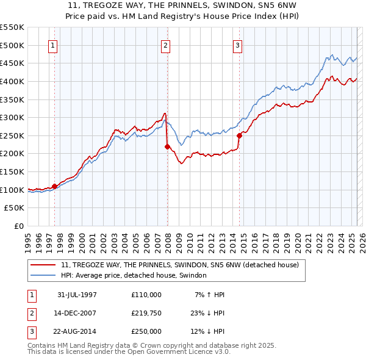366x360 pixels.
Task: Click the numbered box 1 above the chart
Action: pyautogui.click(x=52, y=45)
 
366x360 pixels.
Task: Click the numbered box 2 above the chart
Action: pyautogui.click(x=166, y=45)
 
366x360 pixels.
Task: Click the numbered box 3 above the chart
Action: pyautogui.click(x=237, y=45)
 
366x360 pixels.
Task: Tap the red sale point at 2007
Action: pyautogui.click(x=167, y=146)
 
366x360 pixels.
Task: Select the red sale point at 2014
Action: pyautogui.click(x=239, y=135)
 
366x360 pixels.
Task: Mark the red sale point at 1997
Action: pyautogui.click(x=55, y=186)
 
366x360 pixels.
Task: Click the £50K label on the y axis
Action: pyautogui.click(x=15, y=208)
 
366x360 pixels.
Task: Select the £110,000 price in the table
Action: pyautogui.click(x=146, y=295)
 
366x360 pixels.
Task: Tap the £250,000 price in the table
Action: pyautogui.click(x=146, y=331)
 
